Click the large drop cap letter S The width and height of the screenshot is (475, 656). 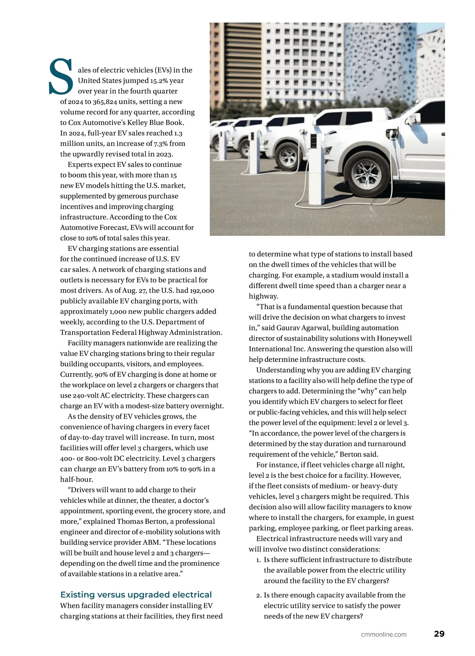tap(61, 77)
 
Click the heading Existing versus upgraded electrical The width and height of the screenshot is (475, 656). tap(136, 594)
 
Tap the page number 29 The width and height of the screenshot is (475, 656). tap(439, 634)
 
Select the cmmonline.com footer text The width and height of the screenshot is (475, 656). tap(384, 634)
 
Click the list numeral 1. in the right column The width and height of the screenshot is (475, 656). tap(258, 560)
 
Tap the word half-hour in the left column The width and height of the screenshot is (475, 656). tap(76, 480)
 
